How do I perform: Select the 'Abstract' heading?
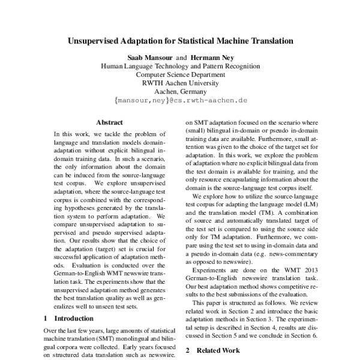tap(109, 121)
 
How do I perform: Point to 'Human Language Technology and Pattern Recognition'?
tap(180, 67)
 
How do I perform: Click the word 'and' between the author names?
tap(181, 58)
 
